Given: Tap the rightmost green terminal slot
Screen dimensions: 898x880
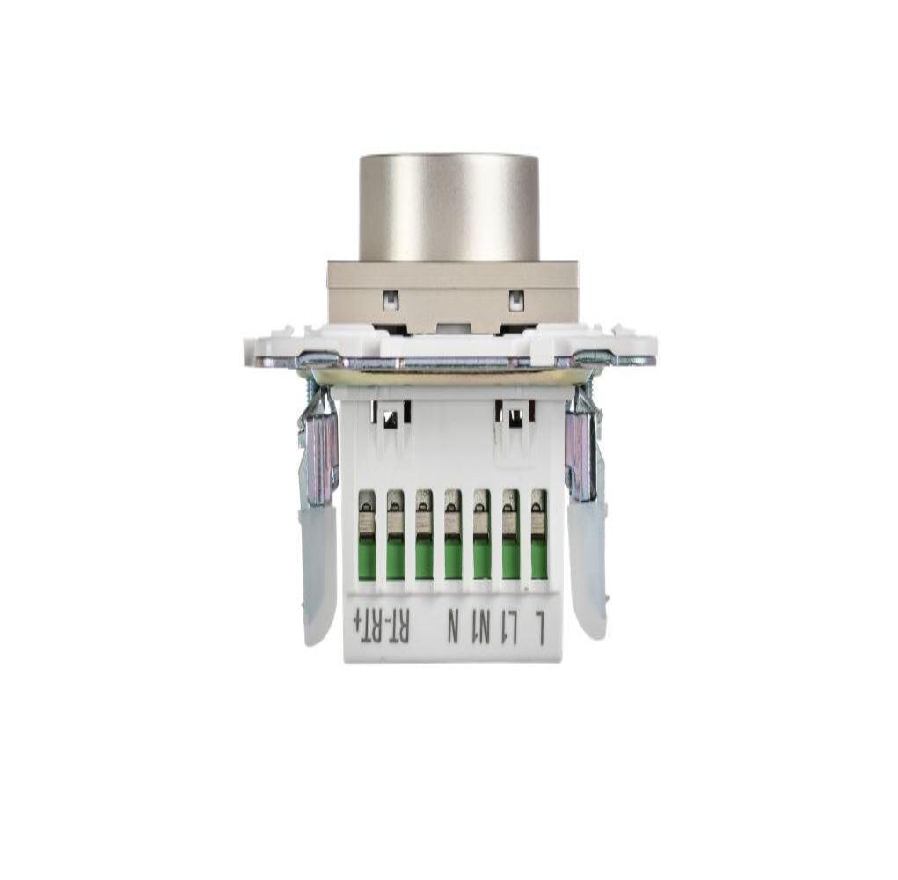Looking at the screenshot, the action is [539, 534].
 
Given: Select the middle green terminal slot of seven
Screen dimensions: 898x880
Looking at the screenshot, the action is [452, 534].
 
